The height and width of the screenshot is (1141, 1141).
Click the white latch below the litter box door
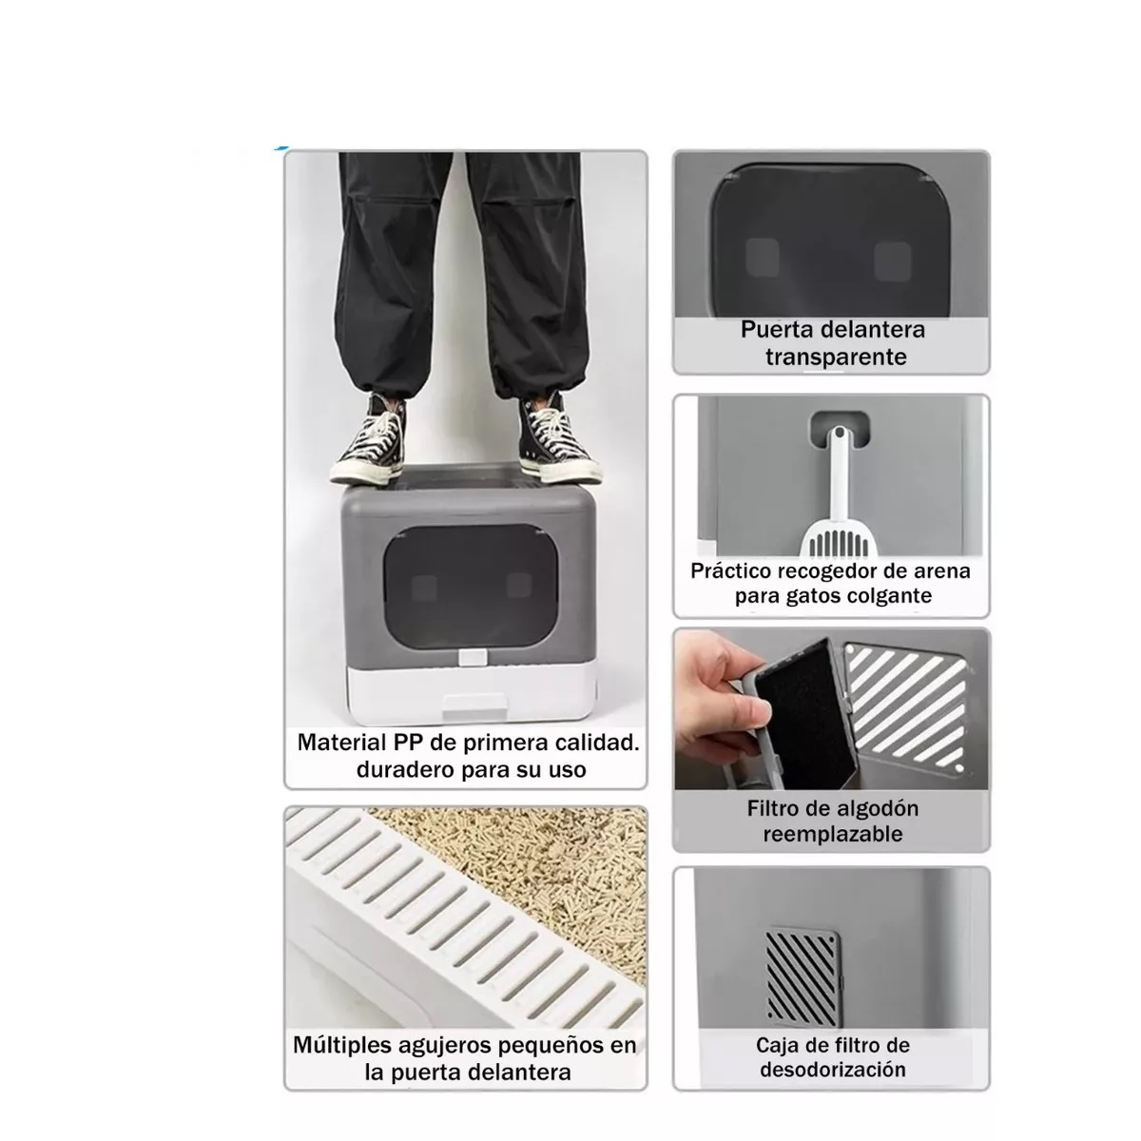473,657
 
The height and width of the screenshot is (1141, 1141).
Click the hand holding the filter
713,689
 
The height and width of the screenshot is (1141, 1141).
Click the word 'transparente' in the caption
836,358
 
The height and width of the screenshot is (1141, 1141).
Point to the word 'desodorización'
833,1070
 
